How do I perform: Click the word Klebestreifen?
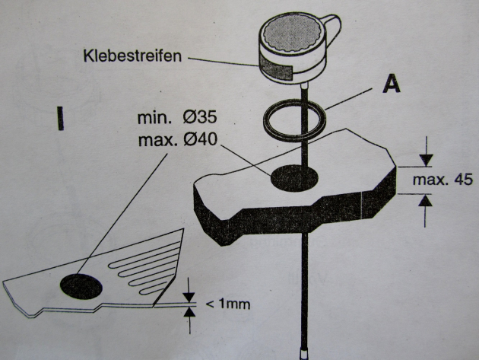click(132, 56)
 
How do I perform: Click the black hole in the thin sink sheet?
click(81, 286)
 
